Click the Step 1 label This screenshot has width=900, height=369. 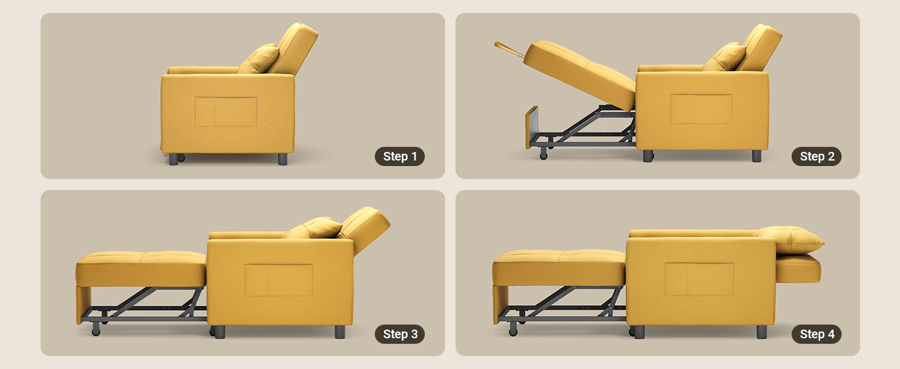[x=400, y=156]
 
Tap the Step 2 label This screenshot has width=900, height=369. [x=816, y=156]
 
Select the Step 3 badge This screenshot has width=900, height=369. [x=400, y=334]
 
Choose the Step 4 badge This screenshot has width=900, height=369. [x=816, y=334]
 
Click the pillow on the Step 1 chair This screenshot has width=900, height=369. [x=259, y=59]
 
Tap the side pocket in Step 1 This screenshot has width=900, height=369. [x=226, y=112]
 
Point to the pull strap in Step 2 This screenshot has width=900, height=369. [x=508, y=49]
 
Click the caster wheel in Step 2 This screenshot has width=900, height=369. [x=543, y=154]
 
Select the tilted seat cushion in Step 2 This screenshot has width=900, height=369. [x=579, y=74]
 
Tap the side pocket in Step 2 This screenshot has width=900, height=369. [x=701, y=109]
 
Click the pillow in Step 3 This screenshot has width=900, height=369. [x=314, y=228]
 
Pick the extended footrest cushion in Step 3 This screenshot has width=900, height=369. [x=141, y=269]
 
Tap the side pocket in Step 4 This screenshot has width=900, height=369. [x=700, y=279]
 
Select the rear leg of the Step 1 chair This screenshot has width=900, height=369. [x=282, y=159]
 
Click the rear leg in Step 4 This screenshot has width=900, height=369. [x=762, y=331]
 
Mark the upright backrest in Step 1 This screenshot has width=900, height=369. [x=294, y=48]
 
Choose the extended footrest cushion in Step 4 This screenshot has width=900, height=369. [x=559, y=268]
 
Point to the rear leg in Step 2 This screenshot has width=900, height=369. [x=757, y=156]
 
